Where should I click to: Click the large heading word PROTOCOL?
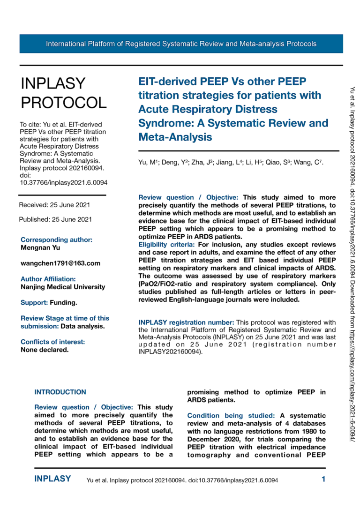click(x=64, y=102)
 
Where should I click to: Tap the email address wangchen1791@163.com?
click(x=60, y=263)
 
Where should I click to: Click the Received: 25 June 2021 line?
click(x=54, y=205)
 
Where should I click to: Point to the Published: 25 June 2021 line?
click(x=55, y=219)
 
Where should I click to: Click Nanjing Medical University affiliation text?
click(x=63, y=287)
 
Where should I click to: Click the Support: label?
click(x=35, y=303)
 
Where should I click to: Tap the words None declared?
click(x=45, y=350)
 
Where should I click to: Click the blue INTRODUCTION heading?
click(x=60, y=392)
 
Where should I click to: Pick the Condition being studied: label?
click(x=232, y=416)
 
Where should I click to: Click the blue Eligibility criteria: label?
click(x=167, y=245)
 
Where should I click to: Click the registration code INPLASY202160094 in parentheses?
click(x=170, y=352)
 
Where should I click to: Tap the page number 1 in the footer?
click(x=323, y=479)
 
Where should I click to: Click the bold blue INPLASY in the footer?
click(x=53, y=479)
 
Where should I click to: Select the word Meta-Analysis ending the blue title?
click(x=175, y=137)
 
